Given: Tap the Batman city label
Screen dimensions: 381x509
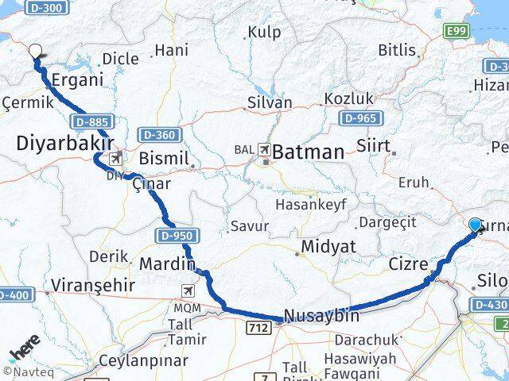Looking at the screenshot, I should [309, 152].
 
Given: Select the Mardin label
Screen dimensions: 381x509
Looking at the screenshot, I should [167, 264].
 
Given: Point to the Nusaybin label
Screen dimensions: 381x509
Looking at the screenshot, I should [321, 315].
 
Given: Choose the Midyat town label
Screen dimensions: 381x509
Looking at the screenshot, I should [327, 248].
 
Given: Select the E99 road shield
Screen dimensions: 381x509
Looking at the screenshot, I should [456, 32].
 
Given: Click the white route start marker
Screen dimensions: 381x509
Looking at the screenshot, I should [35, 52].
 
